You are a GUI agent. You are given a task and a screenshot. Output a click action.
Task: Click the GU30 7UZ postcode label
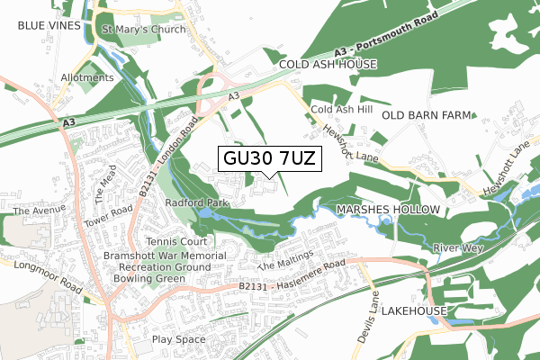266,158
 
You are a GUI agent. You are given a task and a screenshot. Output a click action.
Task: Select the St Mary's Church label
143,30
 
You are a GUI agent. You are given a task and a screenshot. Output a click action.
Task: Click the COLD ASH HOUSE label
327,66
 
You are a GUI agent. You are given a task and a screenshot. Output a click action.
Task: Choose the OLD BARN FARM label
427,116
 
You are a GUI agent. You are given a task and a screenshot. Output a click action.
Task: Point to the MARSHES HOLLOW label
388,209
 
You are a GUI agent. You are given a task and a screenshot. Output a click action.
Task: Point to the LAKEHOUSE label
414,310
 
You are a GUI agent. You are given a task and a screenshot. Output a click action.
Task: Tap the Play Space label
178,339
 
